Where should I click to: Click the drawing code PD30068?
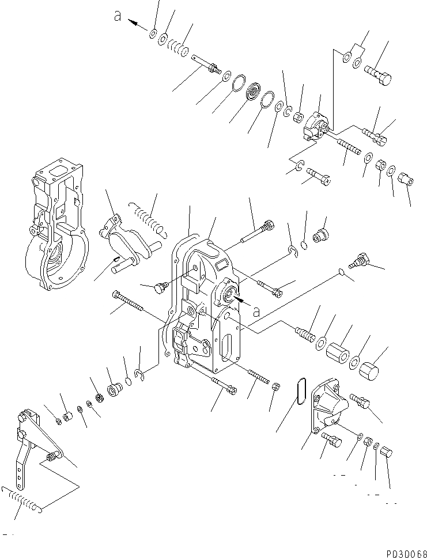(403, 551)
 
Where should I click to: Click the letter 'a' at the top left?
(118, 17)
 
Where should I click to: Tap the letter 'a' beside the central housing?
(256, 311)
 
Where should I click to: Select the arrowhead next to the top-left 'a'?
(134, 24)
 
